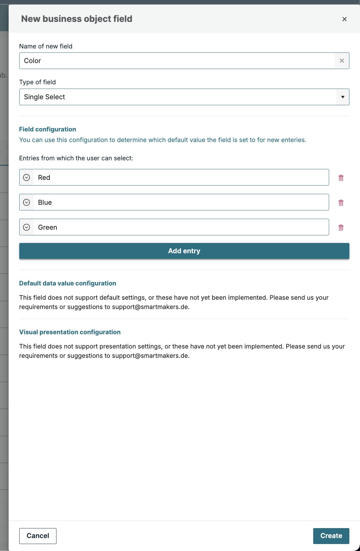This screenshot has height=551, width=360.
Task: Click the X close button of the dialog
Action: click(x=344, y=19)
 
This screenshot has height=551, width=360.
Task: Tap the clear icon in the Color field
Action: click(x=342, y=61)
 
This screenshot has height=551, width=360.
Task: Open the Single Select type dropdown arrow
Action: click(x=342, y=97)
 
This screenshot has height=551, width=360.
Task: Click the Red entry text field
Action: click(x=181, y=178)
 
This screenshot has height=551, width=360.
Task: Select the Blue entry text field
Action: click(x=181, y=202)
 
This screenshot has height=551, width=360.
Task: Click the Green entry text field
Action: click(x=181, y=227)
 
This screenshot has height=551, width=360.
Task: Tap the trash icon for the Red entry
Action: click(x=341, y=178)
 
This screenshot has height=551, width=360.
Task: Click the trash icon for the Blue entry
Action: click(x=341, y=203)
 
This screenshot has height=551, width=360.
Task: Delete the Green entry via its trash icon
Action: click(x=341, y=228)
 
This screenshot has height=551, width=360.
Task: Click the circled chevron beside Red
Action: click(x=27, y=178)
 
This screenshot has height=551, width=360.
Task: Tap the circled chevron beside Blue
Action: click(x=27, y=202)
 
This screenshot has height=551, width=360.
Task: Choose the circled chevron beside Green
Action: click(x=27, y=227)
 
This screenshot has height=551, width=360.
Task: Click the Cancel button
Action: click(x=38, y=536)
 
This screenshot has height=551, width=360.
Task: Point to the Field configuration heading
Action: click(x=47, y=129)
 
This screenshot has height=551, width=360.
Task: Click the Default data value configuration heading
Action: click(x=68, y=283)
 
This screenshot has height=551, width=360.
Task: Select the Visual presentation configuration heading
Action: click(x=70, y=332)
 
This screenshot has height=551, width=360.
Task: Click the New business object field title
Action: click(x=77, y=19)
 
